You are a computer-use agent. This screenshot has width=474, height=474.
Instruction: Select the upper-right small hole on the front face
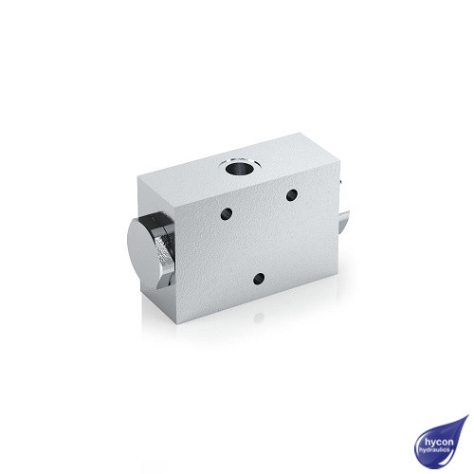point(292,195)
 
